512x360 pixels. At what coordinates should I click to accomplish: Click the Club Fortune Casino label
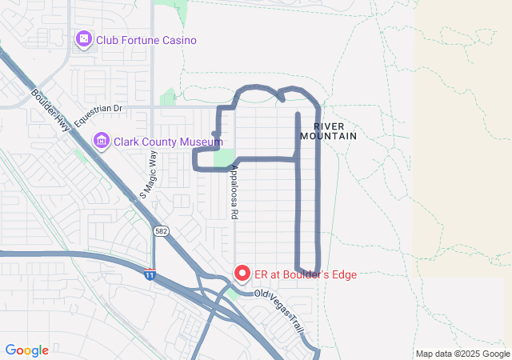click(146, 40)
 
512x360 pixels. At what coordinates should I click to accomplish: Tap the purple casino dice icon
click(83, 39)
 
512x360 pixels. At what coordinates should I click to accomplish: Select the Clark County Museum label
click(167, 142)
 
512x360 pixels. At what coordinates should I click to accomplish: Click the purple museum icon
click(101, 142)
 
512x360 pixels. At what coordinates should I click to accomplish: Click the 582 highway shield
click(160, 230)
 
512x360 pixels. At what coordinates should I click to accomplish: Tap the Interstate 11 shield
click(150, 275)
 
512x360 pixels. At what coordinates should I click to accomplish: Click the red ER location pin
click(242, 273)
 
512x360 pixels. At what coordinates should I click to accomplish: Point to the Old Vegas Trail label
click(280, 302)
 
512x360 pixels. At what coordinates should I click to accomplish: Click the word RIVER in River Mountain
click(328, 126)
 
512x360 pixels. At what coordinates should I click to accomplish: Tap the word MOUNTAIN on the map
click(328, 137)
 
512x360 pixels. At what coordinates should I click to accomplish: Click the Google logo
click(27, 350)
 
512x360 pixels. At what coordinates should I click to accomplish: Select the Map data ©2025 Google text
click(462, 354)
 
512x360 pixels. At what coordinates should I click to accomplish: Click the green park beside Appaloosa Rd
click(225, 158)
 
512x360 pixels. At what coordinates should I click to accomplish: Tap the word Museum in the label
click(200, 142)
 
